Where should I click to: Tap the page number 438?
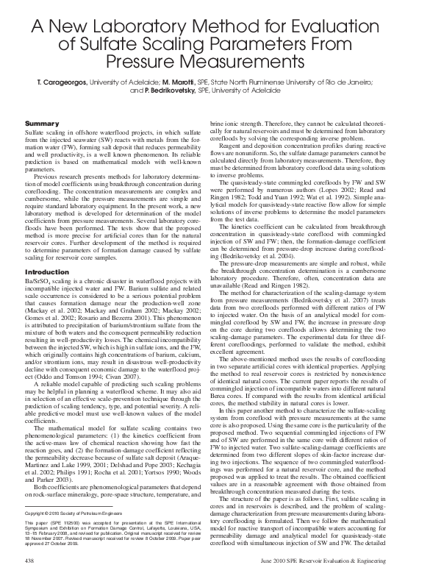[x=31, y=560]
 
